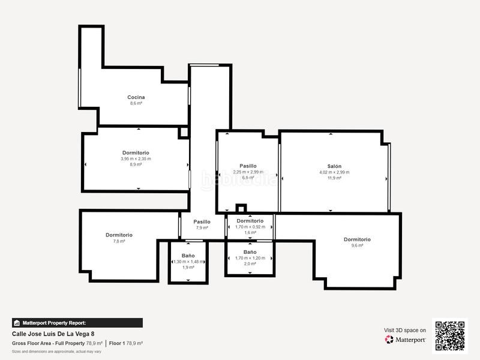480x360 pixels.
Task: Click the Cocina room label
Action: tap(136, 97)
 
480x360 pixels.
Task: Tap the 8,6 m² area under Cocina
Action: tap(136, 103)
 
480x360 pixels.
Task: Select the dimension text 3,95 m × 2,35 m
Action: tap(136, 159)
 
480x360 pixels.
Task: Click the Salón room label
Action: tap(334, 166)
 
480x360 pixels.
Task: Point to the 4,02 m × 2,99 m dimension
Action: tap(334, 172)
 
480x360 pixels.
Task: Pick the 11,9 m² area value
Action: tap(334, 178)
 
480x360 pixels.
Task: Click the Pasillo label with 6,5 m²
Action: tap(248, 166)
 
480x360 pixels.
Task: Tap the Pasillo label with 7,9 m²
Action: tap(202, 222)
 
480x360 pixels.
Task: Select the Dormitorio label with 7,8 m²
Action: tap(119, 235)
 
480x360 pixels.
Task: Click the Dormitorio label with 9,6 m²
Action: tap(357, 239)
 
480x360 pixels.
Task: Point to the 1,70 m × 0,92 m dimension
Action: tap(250, 227)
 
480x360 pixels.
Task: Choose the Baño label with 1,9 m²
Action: tap(188, 256)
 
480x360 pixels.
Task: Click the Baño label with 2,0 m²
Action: tap(250, 252)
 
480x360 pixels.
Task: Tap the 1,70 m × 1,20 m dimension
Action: tap(250, 258)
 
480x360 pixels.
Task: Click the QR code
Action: tap(450, 336)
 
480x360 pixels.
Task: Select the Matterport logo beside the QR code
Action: tap(406, 340)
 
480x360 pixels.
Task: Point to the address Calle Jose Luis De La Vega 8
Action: tap(53, 334)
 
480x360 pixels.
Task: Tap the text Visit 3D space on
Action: tap(405, 330)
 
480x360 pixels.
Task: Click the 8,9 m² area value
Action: tap(136, 164)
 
